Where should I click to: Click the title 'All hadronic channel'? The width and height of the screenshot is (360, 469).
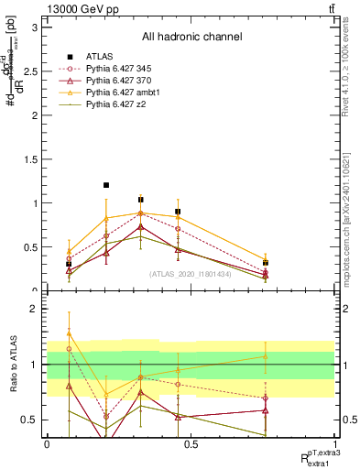[x=191, y=38]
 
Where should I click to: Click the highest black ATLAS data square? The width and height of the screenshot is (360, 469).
[x=106, y=185]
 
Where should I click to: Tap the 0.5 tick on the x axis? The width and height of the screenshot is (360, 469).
[x=191, y=443]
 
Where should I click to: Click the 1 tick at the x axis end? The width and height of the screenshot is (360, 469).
[x=333, y=443]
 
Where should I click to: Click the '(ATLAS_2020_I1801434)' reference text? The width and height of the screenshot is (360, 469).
[x=191, y=274]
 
